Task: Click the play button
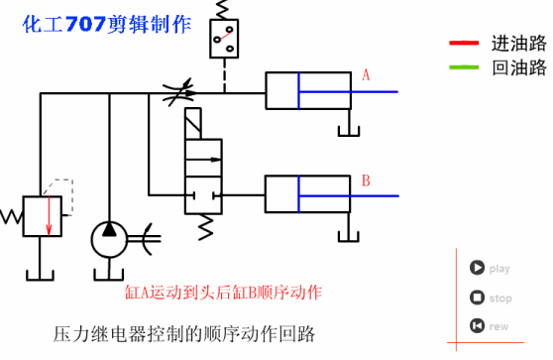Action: tap(478, 268)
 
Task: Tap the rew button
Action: tap(478, 325)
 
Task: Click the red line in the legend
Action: tap(462, 44)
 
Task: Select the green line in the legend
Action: tap(462, 67)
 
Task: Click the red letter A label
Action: tap(366, 75)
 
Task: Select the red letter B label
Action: tap(366, 181)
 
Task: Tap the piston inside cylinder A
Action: tap(294, 91)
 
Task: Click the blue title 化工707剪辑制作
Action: tap(107, 26)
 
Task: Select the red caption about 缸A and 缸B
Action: tap(223, 293)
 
